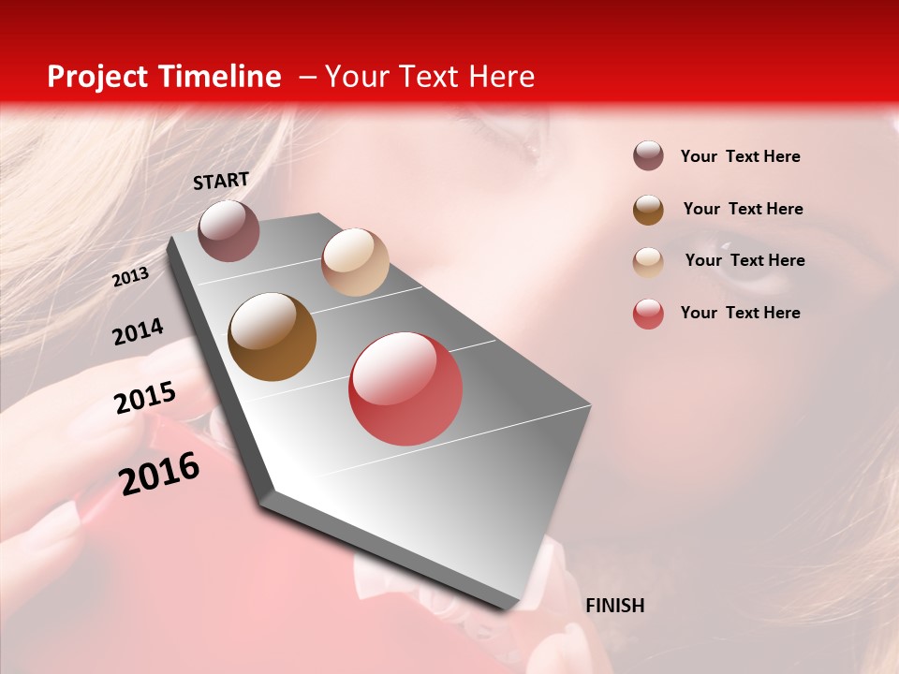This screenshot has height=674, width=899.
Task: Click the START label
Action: point(221,181)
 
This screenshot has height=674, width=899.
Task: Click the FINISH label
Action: point(615,606)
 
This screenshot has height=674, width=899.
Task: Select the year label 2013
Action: point(130,276)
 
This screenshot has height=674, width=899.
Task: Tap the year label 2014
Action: point(138,331)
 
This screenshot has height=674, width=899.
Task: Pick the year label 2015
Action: point(145,398)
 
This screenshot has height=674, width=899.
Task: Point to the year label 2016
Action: point(159,474)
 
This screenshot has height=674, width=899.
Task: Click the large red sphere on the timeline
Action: point(405,388)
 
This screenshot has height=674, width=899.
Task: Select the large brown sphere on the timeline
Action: point(272,337)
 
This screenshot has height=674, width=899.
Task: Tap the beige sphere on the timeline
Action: point(355,262)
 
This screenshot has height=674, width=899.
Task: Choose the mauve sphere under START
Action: point(228,230)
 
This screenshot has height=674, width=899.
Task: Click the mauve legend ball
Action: point(648,156)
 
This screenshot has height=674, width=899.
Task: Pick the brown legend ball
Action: point(648,209)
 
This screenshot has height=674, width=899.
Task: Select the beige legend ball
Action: point(648,261)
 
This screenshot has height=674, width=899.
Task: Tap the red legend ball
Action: point(648,314)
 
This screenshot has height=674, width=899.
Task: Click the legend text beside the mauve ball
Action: point(740,157)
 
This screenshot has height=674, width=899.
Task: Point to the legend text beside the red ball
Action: point(740,313)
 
